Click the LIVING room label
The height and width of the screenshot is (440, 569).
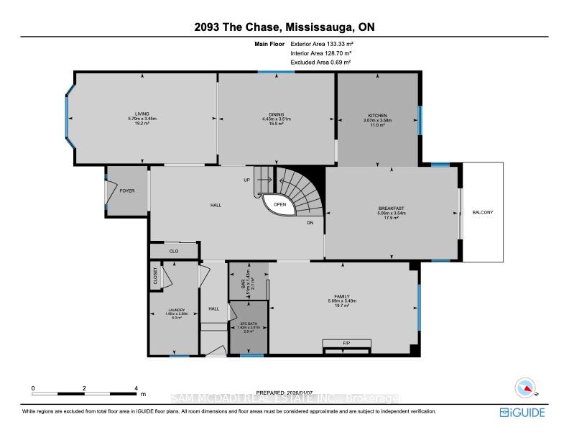(x=142, y=114)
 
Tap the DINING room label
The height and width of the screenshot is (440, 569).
(x=276, y=114)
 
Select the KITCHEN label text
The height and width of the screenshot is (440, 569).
(x=378, y=115)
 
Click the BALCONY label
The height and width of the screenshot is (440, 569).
(x=483, y=212)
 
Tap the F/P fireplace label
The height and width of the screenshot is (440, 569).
(x=346, y=343)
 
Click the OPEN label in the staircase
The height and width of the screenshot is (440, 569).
(x=279, y=204)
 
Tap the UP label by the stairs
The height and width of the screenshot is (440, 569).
(x=247, y=180)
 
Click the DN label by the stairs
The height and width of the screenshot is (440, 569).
(x=310, y=223)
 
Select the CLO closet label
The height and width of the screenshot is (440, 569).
(x=174, y=252)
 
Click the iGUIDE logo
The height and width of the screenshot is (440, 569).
(x=522, y=412)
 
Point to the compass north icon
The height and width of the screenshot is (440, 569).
(x=527, y=388)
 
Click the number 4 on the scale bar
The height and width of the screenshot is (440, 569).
(x=136, y=388)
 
